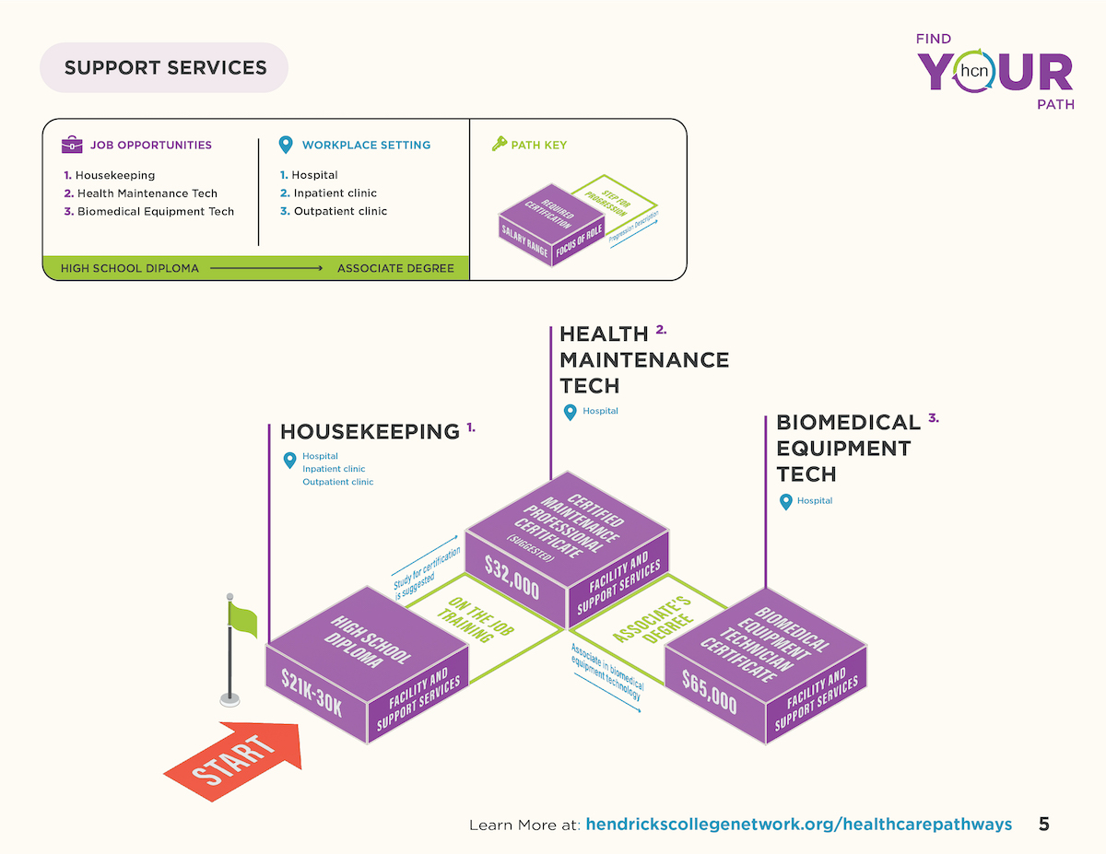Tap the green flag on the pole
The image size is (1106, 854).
[x=242, y=619]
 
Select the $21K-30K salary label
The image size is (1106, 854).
[x=312, y=692]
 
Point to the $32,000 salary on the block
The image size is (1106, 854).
[x=512, y=578]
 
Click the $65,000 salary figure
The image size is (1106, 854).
[x=709, y=692]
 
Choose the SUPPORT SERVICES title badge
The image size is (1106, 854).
[x=164, y=67]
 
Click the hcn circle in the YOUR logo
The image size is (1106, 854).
[x=974, y=71]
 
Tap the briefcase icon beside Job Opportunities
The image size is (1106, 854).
[x=72, y=145]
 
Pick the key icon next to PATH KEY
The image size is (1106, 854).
[x=499, y=144]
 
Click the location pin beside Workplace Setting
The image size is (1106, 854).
[x=286, y=145]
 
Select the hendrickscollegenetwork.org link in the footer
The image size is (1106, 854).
[x=798, y=824]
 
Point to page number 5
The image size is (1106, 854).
[x=1043, y=824]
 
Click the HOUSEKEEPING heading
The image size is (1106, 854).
[x=370, y=431]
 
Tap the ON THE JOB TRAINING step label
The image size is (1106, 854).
[x=476, y=619]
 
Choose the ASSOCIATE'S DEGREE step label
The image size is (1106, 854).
[x=653, y=619]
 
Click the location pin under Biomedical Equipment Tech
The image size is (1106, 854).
[x=785, y=501]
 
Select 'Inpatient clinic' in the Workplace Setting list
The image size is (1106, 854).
[x=335, y=193]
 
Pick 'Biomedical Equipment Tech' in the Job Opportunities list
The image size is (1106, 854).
[x=155, y=211]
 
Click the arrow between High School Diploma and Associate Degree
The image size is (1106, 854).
[x=266, y=268]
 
